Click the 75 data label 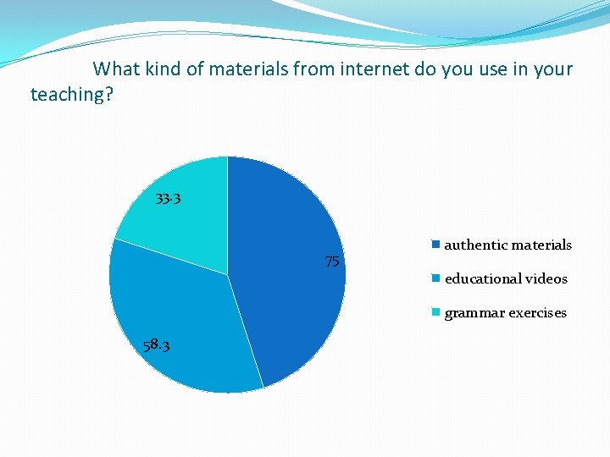point(333,262)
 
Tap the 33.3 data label point(168,200)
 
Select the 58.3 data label point(156,344)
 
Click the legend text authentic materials point(507,245)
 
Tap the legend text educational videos point(506,278)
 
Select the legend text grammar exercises point(505,312)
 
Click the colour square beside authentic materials point(435,245)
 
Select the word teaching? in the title point(72,94)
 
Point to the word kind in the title point(162,69)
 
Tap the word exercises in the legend point(537,312)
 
